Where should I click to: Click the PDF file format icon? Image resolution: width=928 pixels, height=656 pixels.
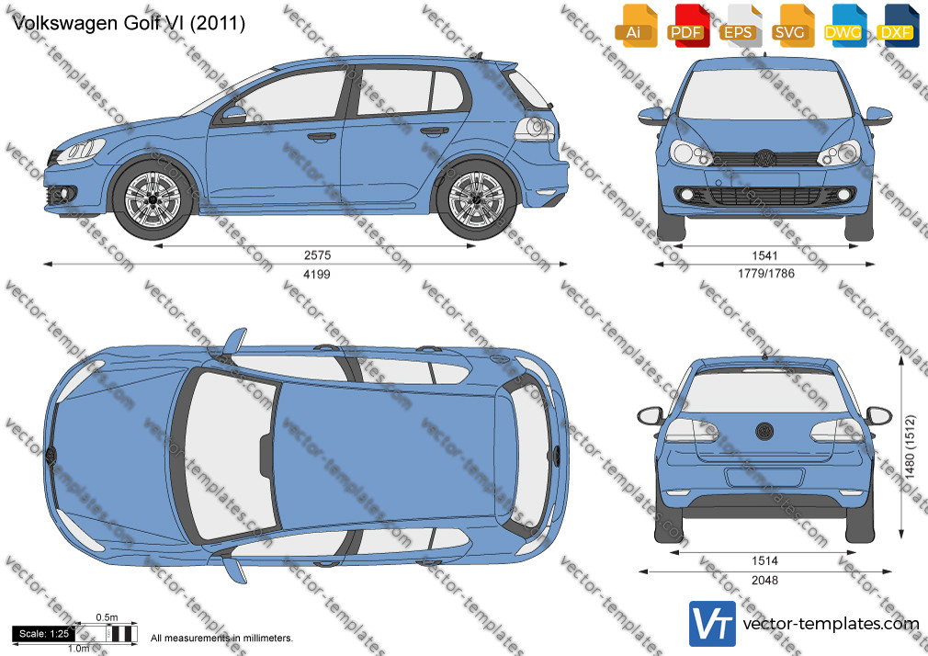pos(687,26)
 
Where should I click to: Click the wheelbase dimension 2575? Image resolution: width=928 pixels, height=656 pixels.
pos(317,255)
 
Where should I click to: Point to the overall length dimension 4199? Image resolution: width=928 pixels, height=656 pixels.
pos(317,274)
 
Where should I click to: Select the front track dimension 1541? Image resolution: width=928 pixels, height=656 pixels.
pos(764,255)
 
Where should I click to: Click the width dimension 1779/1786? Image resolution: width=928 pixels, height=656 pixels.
pos(766,274)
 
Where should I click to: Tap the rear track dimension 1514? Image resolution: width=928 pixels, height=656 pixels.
pos(764,560)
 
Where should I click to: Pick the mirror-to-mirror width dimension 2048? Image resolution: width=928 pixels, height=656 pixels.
pos(764,581)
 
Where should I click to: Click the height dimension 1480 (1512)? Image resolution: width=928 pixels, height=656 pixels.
pos(911,447)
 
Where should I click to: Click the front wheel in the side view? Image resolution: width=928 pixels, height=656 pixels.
pos(153,198)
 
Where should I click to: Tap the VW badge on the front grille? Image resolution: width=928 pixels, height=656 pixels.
pos(764,158)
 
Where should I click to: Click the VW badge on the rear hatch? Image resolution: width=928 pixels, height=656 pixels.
pos(764,430)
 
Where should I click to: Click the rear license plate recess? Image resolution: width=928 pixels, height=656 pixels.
pos(764,478)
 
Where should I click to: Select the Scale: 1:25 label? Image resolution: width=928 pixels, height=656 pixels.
pos(44,634)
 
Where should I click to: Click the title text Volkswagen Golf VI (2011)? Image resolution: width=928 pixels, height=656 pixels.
pos(129,23)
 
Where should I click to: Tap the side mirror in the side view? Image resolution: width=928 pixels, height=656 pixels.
pos(233,114)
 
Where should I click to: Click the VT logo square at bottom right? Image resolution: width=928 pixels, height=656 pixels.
pos(712,624)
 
